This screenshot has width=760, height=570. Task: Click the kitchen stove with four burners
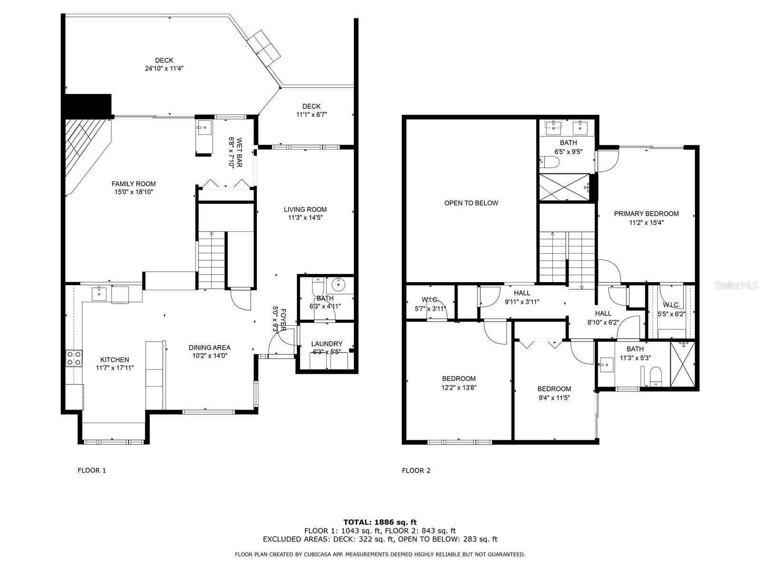74,358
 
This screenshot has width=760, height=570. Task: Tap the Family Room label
133,184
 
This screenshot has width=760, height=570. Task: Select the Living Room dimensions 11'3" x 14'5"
305,218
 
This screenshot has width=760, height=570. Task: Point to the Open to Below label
471,203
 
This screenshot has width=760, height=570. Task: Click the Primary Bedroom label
646,214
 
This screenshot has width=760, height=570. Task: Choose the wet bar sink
204,127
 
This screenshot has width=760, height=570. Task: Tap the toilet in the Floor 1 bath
317,286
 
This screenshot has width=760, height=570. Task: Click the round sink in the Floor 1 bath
338,285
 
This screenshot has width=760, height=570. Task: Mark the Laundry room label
326,343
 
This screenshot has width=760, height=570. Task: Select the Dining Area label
209,348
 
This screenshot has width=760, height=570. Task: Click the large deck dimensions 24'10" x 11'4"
164,68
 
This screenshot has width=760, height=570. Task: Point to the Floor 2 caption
416,470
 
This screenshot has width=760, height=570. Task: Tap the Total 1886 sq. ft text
380,522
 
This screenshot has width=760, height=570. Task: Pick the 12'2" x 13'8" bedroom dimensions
459,388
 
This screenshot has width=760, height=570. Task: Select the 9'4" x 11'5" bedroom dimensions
554,398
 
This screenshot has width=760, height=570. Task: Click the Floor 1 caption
92,470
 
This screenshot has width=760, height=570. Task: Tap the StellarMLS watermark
736,285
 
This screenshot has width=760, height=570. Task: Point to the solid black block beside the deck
88,106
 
